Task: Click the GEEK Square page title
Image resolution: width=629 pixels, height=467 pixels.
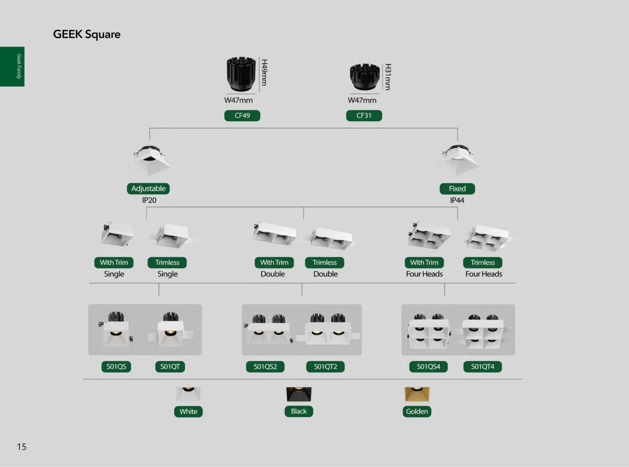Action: [x=86, y=35]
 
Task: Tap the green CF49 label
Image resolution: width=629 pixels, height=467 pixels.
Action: [x=242, y=116]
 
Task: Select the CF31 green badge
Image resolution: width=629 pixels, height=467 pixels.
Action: [x=364, y=116]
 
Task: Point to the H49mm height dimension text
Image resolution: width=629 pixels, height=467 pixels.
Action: [x=264, y=72]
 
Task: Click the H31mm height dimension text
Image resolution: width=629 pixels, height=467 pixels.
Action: [x=388, y=77]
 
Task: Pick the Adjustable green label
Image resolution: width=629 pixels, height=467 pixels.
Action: [x=148, y=188]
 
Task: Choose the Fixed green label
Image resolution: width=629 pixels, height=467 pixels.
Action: [x=457, y=188]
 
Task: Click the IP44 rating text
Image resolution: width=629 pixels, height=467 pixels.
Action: [x=457, y=200]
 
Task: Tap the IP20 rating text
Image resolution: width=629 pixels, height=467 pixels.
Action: [x=149, y=200]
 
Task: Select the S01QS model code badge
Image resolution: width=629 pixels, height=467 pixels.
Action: [x=116, y=367]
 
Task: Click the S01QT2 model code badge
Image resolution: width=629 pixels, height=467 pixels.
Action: [x=326, y=367]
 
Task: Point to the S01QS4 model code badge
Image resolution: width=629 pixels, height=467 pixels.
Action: [x=428, y=367]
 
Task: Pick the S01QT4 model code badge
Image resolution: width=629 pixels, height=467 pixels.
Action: [x=482, y=367]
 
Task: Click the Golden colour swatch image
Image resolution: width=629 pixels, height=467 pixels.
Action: [x=417, y=395]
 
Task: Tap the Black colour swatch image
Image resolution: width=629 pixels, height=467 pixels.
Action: [x=299, y=395]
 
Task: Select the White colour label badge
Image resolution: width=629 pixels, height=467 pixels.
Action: [x=188, y=411]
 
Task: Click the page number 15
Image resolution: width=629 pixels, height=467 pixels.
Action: [x=21, y=447]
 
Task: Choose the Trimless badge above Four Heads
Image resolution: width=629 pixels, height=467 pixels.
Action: [x=482, y=262]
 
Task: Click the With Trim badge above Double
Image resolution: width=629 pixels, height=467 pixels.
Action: [x=274, y=262]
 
